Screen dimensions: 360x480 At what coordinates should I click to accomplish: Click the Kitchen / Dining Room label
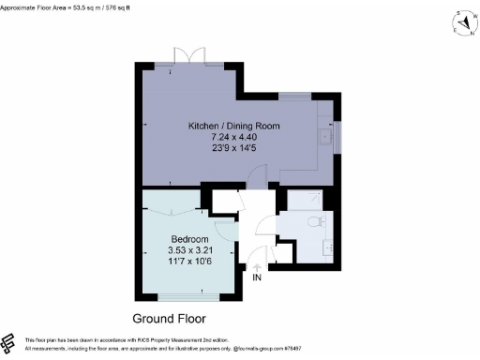pyautogui.click(x=233, y=127)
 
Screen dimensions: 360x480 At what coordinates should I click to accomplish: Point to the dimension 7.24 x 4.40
pyautogui.click(x=233, y=137)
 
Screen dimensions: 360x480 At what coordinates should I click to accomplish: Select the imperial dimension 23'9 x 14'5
pyautogui.click(x=233, y=147)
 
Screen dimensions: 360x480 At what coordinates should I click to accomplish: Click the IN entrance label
pyautogui.click(x=258, y=277)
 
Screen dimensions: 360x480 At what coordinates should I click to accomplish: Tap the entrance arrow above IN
pyautogui.click(x=258, y=268)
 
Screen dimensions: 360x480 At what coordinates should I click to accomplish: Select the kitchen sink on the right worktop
pyautogui.click(x=324, y=136)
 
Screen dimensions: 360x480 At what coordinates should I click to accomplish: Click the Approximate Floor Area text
pyautogui.click(x=66, y=6)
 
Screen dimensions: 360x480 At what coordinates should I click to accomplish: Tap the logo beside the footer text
pyautogui.click(x=9, y=342)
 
